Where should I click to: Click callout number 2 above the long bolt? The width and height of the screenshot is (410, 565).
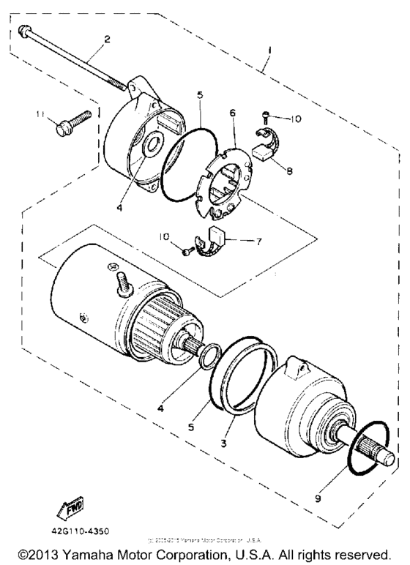click(x=108, y=39)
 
